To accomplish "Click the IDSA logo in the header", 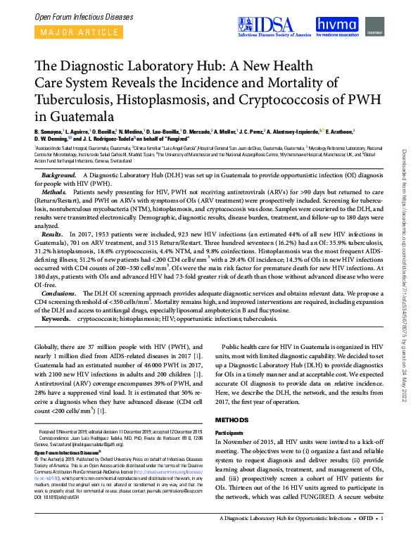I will coord(278,25).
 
